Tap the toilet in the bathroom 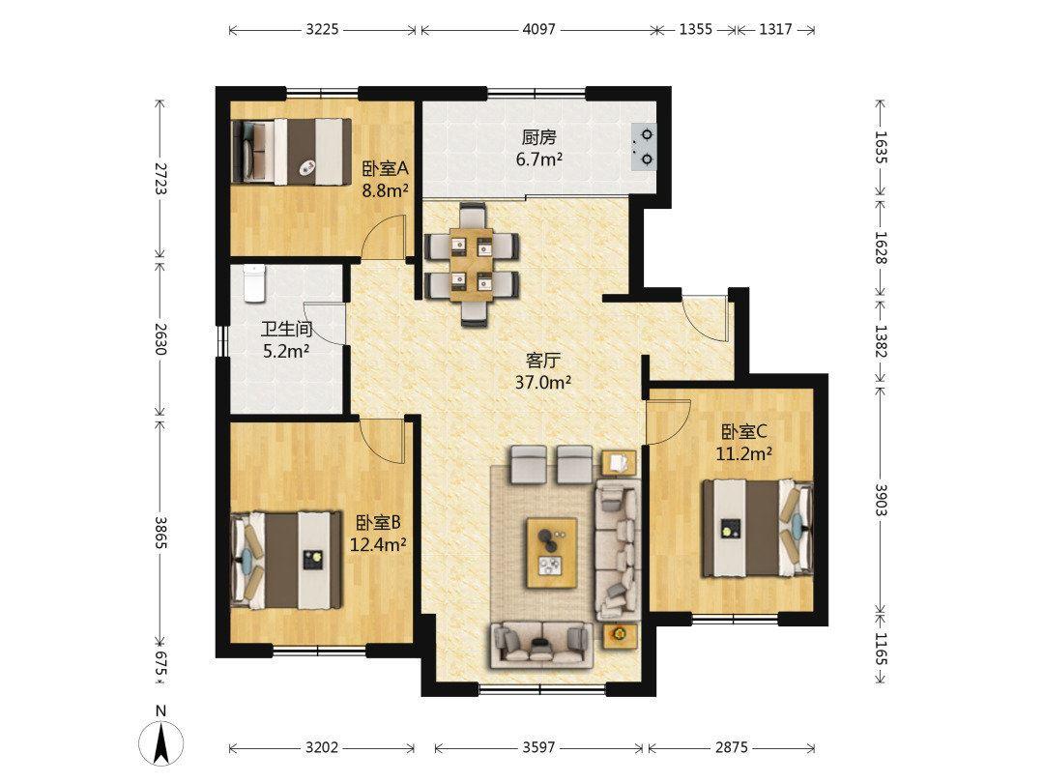click(x=253, y=283)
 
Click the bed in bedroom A click(x=291, y=151)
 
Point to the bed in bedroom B click(x=286, y=560)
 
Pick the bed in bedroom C click(x=758, y=529)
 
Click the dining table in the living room click(x=472, y=265)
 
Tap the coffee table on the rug click(x=551, y=553)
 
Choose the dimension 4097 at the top click(x=538, y=29)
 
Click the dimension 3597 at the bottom click(x=538, y=747)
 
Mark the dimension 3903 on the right click(x=881, y=500)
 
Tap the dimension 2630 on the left click(x=159, y=339)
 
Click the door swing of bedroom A click(x=385, y=236)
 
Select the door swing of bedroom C click(x=669, y=421)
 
